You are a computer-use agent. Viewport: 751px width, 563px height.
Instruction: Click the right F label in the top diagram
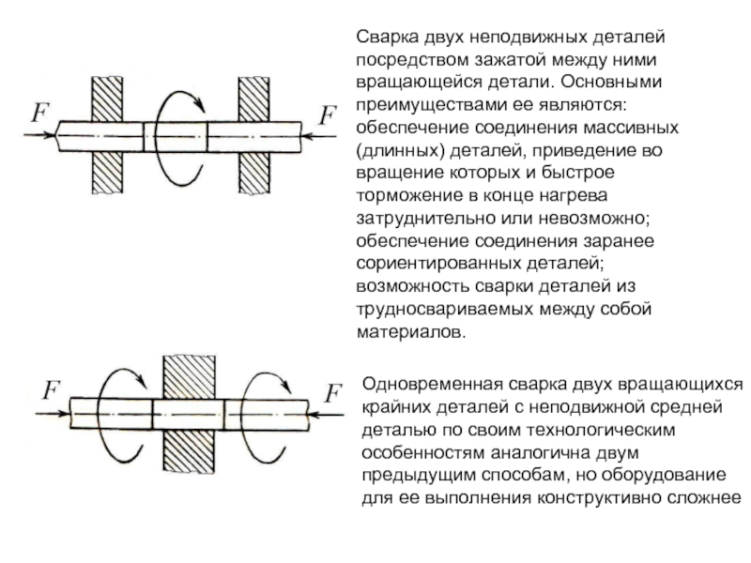(328, 116)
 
